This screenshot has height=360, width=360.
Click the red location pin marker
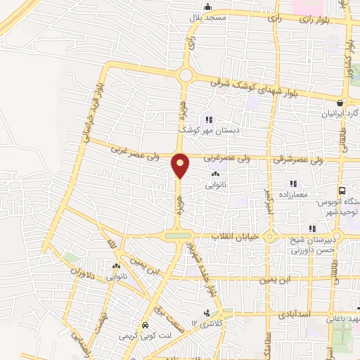(x=180, y=166)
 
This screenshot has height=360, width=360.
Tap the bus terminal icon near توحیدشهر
(x=342, y=191)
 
